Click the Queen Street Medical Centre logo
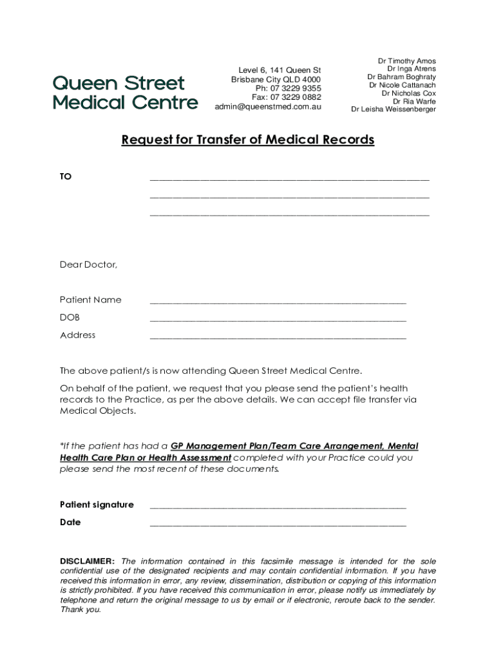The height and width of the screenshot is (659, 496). (125, 92)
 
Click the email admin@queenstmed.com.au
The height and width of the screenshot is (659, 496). (267, 107)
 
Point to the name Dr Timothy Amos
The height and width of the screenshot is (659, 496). (406, 61)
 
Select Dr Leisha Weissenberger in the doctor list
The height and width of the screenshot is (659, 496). (393, 109)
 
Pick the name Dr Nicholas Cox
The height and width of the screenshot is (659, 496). (408, 93)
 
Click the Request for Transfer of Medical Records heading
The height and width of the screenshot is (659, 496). (248, 140)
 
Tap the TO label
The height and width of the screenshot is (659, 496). (66, 176)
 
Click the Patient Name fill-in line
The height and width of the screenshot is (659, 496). (278, 302)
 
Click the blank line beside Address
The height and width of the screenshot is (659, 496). (278, 337)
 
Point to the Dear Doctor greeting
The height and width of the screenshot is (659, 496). (89, 265)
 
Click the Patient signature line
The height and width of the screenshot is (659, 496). (278, 507)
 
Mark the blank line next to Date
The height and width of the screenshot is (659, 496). (278, 525)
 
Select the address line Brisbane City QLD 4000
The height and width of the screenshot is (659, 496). (276, 79)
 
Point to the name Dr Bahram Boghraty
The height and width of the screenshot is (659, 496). (401, 77)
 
